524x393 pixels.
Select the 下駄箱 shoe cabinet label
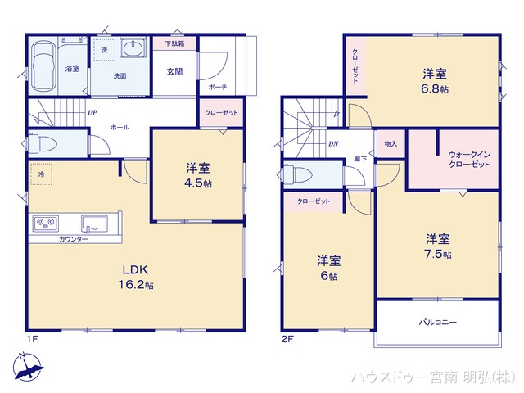point(174,43)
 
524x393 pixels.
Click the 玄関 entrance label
point(174,71)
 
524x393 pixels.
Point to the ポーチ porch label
point(217,86)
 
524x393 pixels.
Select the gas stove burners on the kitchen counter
point(44,223)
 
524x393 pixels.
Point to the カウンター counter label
point(75,239)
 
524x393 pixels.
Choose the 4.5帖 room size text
point(196,185)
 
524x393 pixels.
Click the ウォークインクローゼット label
point(469,159)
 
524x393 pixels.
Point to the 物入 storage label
point(391,144)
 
